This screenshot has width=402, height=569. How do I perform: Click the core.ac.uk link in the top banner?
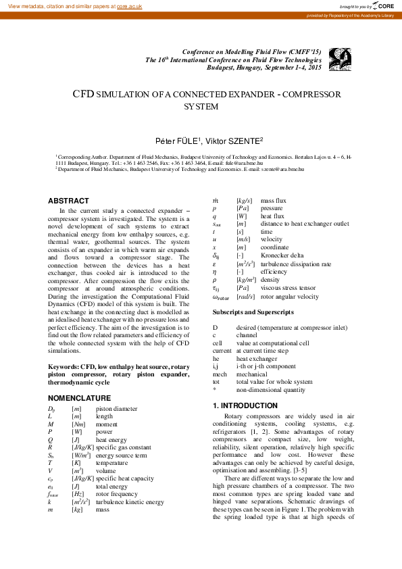pos(130,5)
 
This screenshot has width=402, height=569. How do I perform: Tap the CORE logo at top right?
pos(384,5)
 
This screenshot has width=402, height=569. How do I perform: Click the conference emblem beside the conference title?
pos(338,60)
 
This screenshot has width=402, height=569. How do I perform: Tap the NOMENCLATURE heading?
pos(79,398)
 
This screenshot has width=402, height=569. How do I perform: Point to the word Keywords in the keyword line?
pos(63,366)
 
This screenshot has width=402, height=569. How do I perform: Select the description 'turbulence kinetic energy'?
pos(130,502)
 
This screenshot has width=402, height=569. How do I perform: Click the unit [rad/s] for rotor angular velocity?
pos(245,297)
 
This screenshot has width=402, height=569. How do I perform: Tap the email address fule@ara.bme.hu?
pos(242,163)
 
